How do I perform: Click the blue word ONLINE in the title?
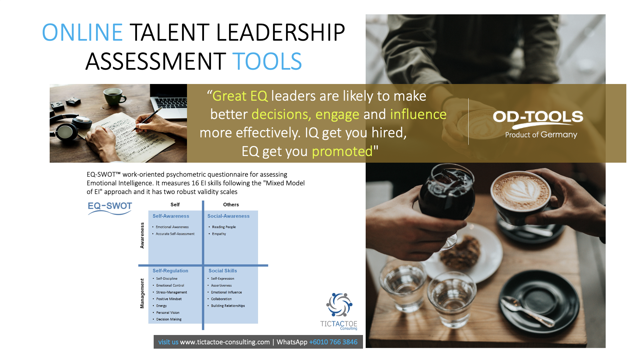click(x=82, y=32)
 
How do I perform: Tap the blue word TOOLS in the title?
click(x=267, y=61)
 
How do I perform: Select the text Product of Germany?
click(x=541, y=135)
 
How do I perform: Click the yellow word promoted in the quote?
click(x=342, y=152)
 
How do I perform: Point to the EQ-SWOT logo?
click(x=110, y=208)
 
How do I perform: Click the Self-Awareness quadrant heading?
click(x=171, y=216)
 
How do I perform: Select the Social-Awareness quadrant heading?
click(x=228, y=216)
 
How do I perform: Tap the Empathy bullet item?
click(x=219, y=234)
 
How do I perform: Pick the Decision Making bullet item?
click(x=169, y=319)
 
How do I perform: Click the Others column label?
click(x=231, y=205)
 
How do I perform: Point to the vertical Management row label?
click(x=142, y=293)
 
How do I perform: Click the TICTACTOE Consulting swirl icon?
click(x=339, y=305)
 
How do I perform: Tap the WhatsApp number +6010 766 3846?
click(x=333, y=342)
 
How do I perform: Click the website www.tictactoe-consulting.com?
click(x=225, y=342)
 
